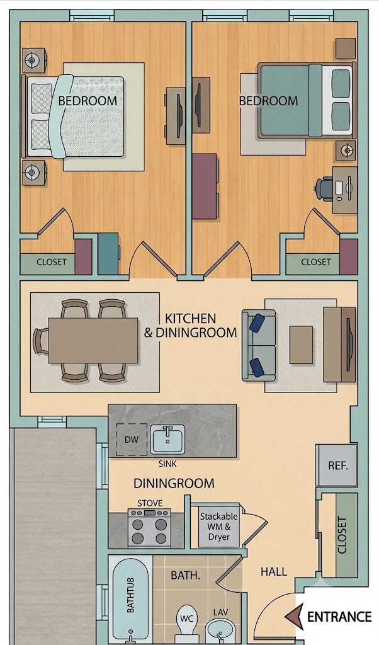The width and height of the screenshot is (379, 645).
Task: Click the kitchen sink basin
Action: click(167, 439)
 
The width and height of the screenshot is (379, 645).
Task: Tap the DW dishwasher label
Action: click(132, 439)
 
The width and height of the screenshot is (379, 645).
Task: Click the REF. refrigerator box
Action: click(337, 465)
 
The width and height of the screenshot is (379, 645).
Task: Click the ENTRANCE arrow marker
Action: click(295, 617)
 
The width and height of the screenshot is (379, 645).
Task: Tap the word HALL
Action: click(274, 571)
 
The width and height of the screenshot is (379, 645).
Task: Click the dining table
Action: click(93, 341)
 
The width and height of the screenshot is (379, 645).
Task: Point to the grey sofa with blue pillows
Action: click(259, 345)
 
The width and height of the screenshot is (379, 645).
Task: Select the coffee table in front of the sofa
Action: click(301, 345)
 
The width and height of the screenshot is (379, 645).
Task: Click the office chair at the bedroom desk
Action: click(324, 189)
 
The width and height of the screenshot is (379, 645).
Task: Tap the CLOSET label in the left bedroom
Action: click(52, 262)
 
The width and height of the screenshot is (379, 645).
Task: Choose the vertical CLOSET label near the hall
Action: click(342, 535)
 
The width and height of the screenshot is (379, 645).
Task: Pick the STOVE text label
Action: click(150, 503)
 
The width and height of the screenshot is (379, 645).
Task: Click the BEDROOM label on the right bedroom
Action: click(268, 101)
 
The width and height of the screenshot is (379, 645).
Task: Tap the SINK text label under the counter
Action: click(167, 464)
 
